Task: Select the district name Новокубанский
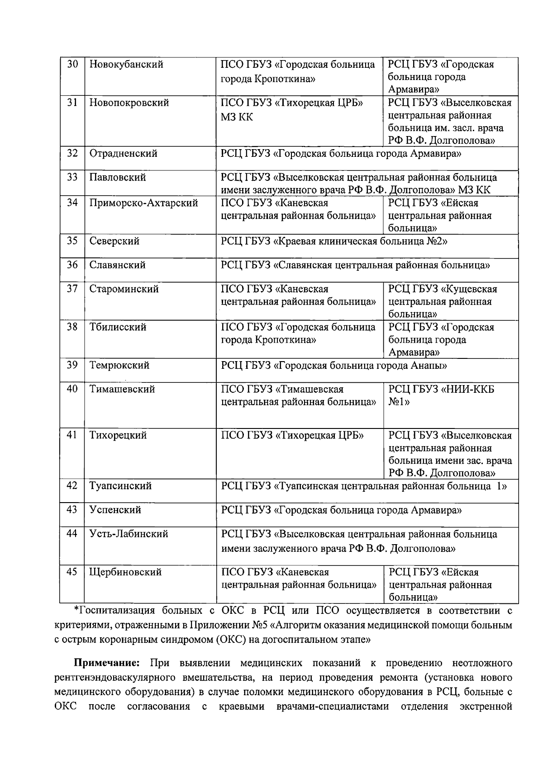point(126,65)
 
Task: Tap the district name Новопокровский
point(129,103)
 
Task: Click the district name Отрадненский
point(123,154)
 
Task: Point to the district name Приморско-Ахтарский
point(143,203)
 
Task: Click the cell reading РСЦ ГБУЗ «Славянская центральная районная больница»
point(355,265)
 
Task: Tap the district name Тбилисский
point(118,327)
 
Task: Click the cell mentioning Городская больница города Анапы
point(334,366)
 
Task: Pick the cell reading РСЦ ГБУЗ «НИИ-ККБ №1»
point(441,395)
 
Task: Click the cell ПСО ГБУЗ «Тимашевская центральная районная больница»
point(298,395)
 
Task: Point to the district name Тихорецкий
point(118,436)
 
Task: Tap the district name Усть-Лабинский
point(129,534)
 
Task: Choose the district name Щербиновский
point(125,572)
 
